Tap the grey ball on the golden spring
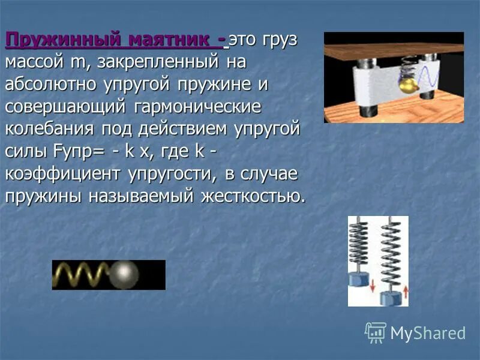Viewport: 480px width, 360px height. (126, 275)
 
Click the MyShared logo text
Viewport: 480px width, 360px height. (427, 333)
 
